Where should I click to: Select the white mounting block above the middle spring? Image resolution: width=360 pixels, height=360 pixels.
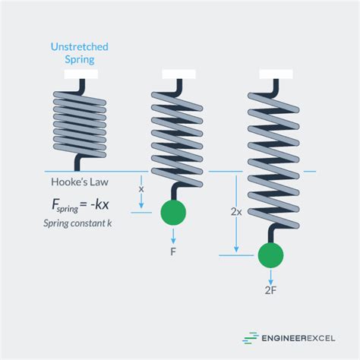pyautogui.click(x=179, y=74)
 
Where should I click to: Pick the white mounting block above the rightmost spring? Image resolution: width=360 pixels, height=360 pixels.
pyautogui.click(x=276, y=74)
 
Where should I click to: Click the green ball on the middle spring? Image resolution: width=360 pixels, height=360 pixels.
pyautogui.click(x=174, y=213)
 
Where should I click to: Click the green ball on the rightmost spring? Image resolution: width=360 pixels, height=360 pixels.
pyautogui.click(x=271, y=256)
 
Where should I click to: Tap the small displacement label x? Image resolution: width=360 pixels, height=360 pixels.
pyautogui.click(x=141, y=188)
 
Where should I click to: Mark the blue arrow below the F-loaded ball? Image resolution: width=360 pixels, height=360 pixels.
pyautogui.click(x=174, y=235)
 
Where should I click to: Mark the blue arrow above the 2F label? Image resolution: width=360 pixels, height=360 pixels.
pyautogui.click(x=271, y=276)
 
